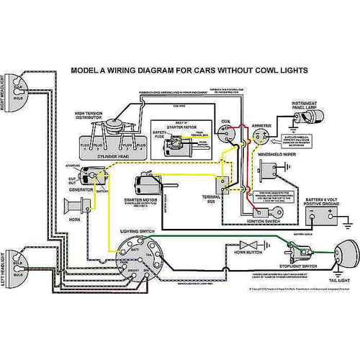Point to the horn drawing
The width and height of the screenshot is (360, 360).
tap(73, 207)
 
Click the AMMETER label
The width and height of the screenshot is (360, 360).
tap(257, 123)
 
